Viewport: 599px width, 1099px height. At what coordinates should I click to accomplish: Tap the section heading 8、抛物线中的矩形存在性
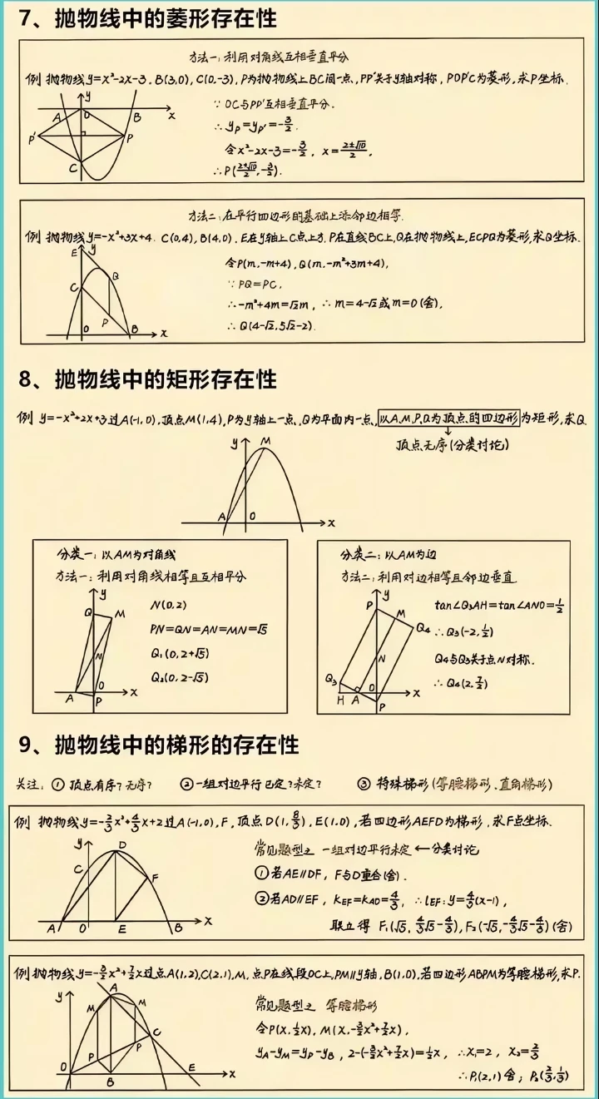[x=148, y=379]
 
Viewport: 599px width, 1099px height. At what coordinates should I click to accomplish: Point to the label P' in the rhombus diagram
[x=32, y=138]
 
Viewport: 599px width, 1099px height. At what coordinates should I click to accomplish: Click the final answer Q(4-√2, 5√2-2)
[x=274, y=325]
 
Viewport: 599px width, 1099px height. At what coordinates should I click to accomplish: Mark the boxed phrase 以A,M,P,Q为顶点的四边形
[x=448, y=418]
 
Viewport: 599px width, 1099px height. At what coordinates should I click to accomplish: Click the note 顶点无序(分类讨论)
[x=452, y=445]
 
